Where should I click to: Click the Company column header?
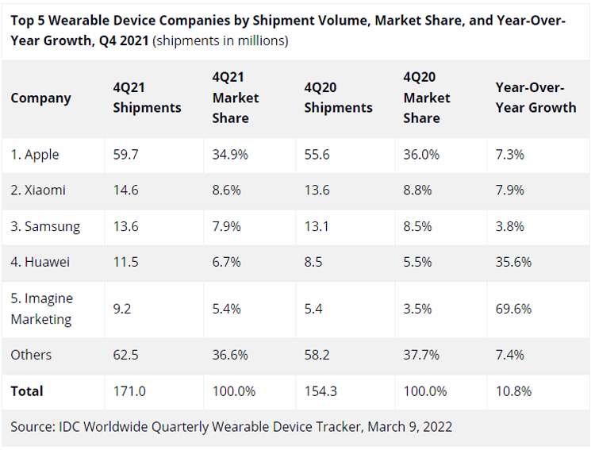(x=40, y=98)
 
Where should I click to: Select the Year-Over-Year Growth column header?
(x=535, y=98)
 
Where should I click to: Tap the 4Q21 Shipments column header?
(x=147, y=98)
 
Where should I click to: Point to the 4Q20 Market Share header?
(x=427, y=98)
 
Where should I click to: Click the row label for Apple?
(x=35, y=155)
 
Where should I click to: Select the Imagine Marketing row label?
(x=41, y=309)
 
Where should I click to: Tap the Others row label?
(x=31, y=355)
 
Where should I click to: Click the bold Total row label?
(x=27, y=390)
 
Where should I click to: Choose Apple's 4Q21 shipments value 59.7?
(x=125, y=155)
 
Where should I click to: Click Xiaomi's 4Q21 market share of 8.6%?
(x=227, y=190)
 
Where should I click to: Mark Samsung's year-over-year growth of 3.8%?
(x=509, y=226)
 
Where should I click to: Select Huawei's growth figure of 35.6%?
(x=513, y=261)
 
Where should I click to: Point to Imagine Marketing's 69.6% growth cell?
(x=513, y=309)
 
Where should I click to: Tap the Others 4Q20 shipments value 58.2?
(x=317, y=355)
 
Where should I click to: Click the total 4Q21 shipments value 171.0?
(x=129, y=390)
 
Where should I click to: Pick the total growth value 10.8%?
(x=513, y=390)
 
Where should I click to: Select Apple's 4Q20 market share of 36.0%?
(x=421, y=155)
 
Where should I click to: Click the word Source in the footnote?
(x=32, y=427)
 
